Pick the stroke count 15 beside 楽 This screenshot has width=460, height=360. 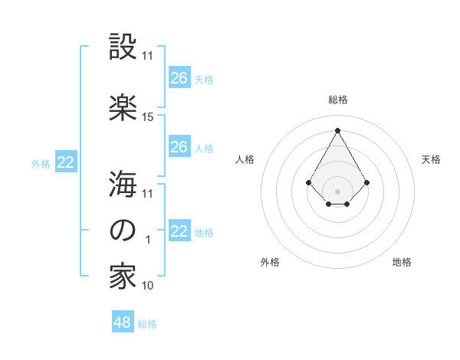[148, 117]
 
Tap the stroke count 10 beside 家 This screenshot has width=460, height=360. [148, 286]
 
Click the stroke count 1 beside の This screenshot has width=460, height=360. [148, 240]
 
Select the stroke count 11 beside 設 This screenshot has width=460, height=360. [148, 56]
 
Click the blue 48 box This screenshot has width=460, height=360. [123, 322]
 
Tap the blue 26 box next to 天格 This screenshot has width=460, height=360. [179, 77]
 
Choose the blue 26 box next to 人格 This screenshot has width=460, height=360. [179, 147]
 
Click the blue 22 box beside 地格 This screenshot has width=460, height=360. [179, 231]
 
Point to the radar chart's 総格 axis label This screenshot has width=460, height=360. [338, 100]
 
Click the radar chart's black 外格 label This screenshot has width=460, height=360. [270, 262]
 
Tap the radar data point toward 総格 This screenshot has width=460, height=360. [337, 129]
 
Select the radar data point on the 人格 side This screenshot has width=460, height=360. [308, 182]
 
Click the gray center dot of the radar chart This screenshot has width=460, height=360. [337, 191]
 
